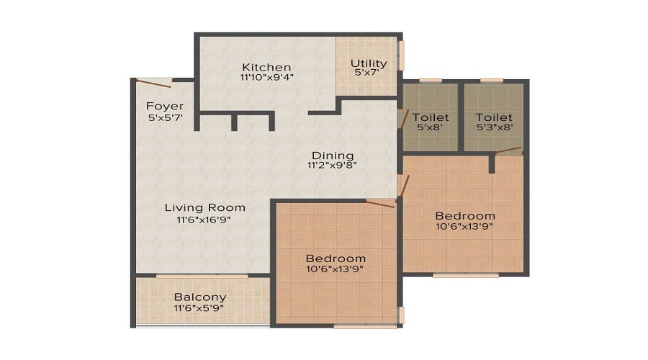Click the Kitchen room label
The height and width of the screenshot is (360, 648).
(266, 67)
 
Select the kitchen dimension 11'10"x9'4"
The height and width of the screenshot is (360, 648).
(266, 77)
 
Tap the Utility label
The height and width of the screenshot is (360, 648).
(369, 63)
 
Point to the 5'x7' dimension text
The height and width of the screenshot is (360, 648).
(366, 73)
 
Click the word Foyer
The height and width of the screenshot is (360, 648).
(160, 107)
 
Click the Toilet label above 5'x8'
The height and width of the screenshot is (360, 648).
(430, 117)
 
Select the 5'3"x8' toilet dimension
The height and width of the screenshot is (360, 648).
(494, 127)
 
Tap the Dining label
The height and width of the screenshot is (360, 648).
(332, 155)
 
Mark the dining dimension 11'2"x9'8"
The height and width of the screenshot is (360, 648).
(332, 165)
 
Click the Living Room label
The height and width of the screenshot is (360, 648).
(205, 207)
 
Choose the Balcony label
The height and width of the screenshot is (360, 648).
(199, 297)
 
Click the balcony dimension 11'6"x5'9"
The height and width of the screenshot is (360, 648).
(199, 308)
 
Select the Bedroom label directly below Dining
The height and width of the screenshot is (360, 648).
(336, 258)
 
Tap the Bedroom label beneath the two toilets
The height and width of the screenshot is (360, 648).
(465, 215)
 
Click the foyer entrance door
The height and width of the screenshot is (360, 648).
(153, 81)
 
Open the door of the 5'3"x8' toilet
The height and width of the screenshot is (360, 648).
(508, 150)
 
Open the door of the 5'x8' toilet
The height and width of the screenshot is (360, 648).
(402, 119)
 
